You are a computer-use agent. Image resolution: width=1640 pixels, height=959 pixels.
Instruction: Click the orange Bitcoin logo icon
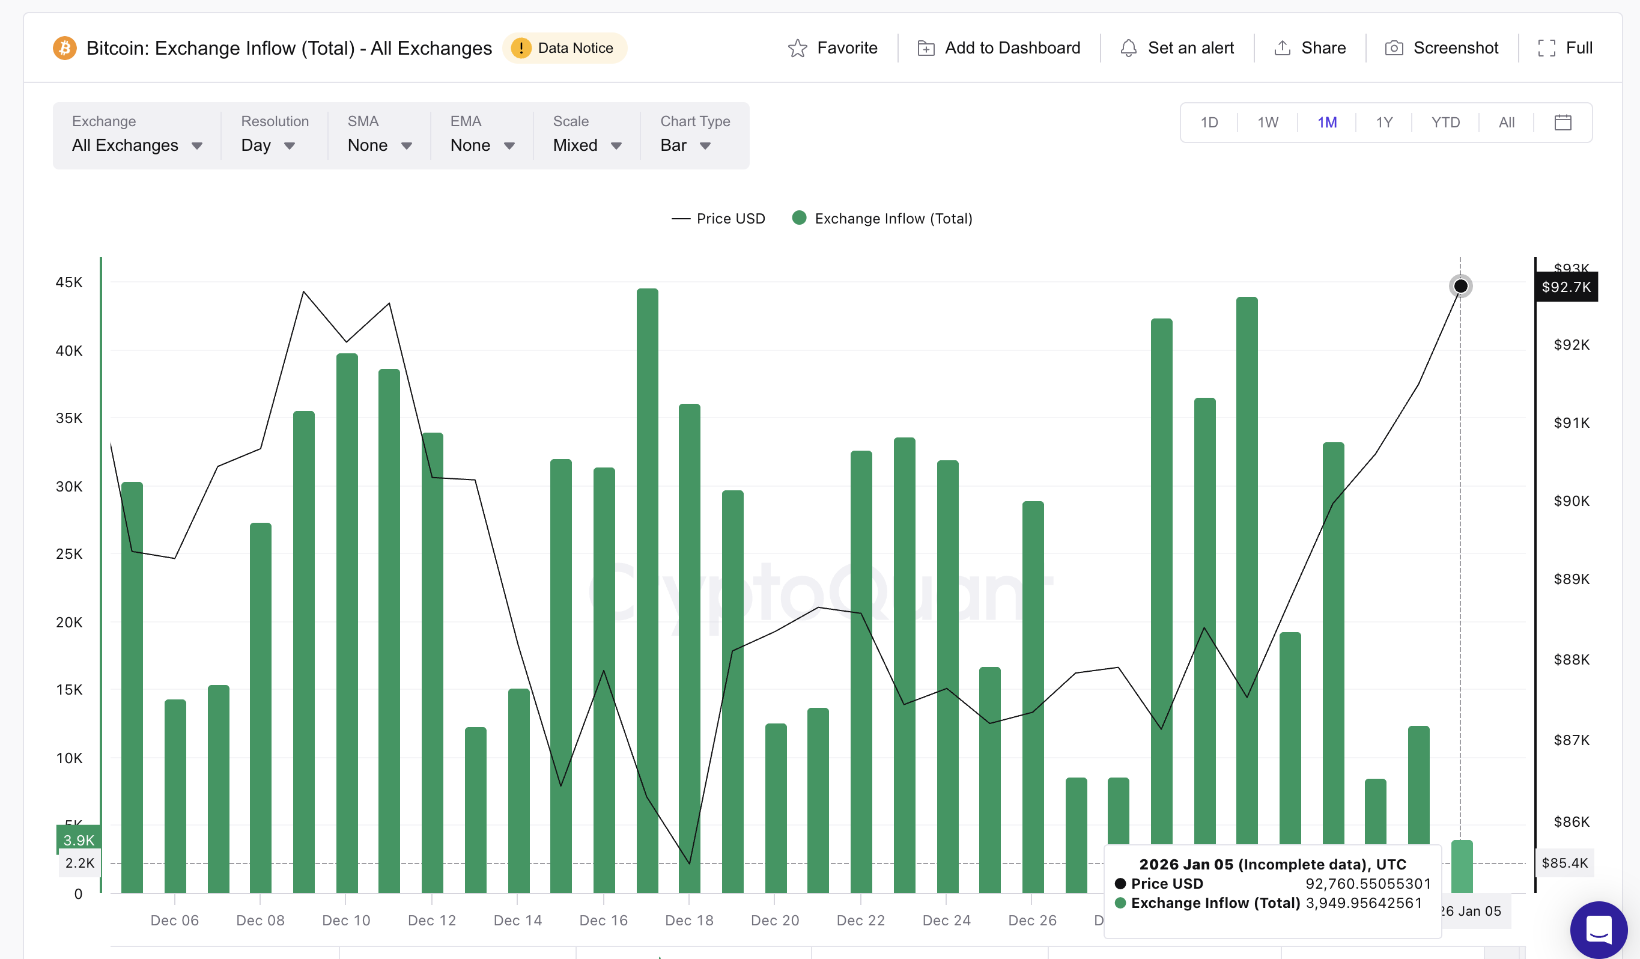(x=64, y=48)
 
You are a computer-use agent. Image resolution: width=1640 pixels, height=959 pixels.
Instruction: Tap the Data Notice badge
(x=564, y=48)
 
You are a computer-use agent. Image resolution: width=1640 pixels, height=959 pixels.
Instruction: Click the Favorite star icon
(x=797, y=48)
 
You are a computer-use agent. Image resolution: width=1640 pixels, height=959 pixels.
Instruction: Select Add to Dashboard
(x=999, y=48)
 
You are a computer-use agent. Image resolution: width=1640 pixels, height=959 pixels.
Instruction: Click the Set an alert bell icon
(x=1128, y=48)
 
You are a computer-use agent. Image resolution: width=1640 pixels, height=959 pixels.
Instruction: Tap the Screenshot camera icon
(x=1394, y=48)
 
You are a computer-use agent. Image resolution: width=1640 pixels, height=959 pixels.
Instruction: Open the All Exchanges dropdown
(x=137, y=145)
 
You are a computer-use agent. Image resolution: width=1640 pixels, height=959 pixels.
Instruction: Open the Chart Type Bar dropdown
(x=685, y=145)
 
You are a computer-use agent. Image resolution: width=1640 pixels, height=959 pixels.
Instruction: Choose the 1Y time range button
(x=1384, y=123)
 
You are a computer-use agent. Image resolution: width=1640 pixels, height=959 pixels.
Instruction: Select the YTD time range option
(x=1445, y=123)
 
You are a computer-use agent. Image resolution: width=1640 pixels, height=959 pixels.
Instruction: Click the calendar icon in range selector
(x=1563, y=123)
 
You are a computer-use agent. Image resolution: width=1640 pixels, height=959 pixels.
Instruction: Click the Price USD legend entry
(x=718, y=219)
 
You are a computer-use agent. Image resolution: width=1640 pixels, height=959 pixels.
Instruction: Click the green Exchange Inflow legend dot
(x=799, y=218)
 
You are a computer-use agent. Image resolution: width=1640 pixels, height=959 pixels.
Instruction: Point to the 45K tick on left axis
(x=69, y=282)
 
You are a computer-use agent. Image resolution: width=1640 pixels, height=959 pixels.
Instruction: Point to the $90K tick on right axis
(x=1571, y=501)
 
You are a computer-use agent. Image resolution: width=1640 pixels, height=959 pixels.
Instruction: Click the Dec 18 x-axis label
(x=689, y=920)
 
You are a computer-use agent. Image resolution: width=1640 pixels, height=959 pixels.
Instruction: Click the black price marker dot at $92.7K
(x=1460, y=286)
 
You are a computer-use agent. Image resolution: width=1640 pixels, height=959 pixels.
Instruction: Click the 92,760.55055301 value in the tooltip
(x=1368, y=883)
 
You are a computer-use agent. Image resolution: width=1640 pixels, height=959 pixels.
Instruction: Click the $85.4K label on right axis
(x=1564, y=863)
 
